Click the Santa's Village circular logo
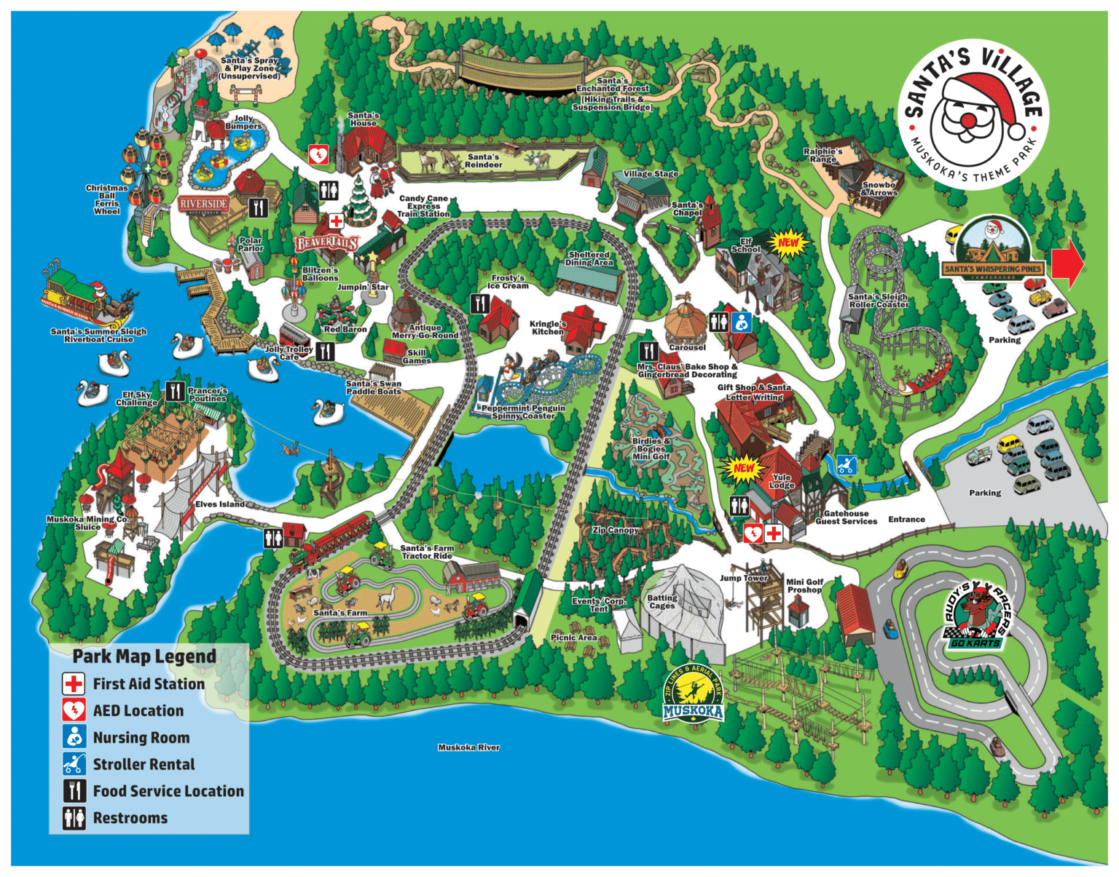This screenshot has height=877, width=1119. [x=972, y=114]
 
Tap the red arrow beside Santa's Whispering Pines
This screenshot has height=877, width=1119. [x=1068, y=263]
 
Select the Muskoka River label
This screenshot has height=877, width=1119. [x=468, y=747]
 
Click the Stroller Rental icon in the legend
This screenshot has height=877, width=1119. [x=74, y=764]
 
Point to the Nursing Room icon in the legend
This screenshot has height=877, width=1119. [x=74, y=737]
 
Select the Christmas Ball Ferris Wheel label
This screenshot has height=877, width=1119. [x=106, y=199]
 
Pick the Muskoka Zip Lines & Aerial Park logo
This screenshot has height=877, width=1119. [x=693, y=694]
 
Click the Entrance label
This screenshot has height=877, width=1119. [x=906, y=520]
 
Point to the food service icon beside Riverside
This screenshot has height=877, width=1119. [x=259, y=207]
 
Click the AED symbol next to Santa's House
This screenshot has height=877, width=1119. [x=318, y=155]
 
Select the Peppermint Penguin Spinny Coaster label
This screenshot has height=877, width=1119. [x=523, y=412]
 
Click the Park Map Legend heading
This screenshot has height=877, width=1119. [x=144, y=656]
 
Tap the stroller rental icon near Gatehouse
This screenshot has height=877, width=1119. [x=846, y=464]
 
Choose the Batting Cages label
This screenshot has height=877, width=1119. [x=661, y=602]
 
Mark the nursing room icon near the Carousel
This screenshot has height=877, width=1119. [x=742, y=322]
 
